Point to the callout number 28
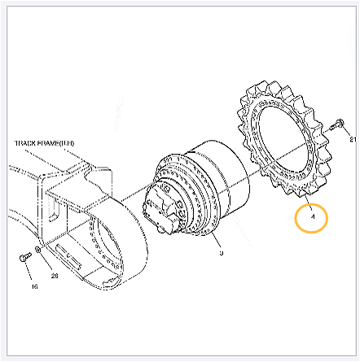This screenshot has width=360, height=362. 55,276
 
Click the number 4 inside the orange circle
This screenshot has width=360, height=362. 309,217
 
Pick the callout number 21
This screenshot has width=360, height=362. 353,139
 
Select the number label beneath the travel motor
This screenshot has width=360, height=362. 221,253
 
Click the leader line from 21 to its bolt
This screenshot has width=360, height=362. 349,133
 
